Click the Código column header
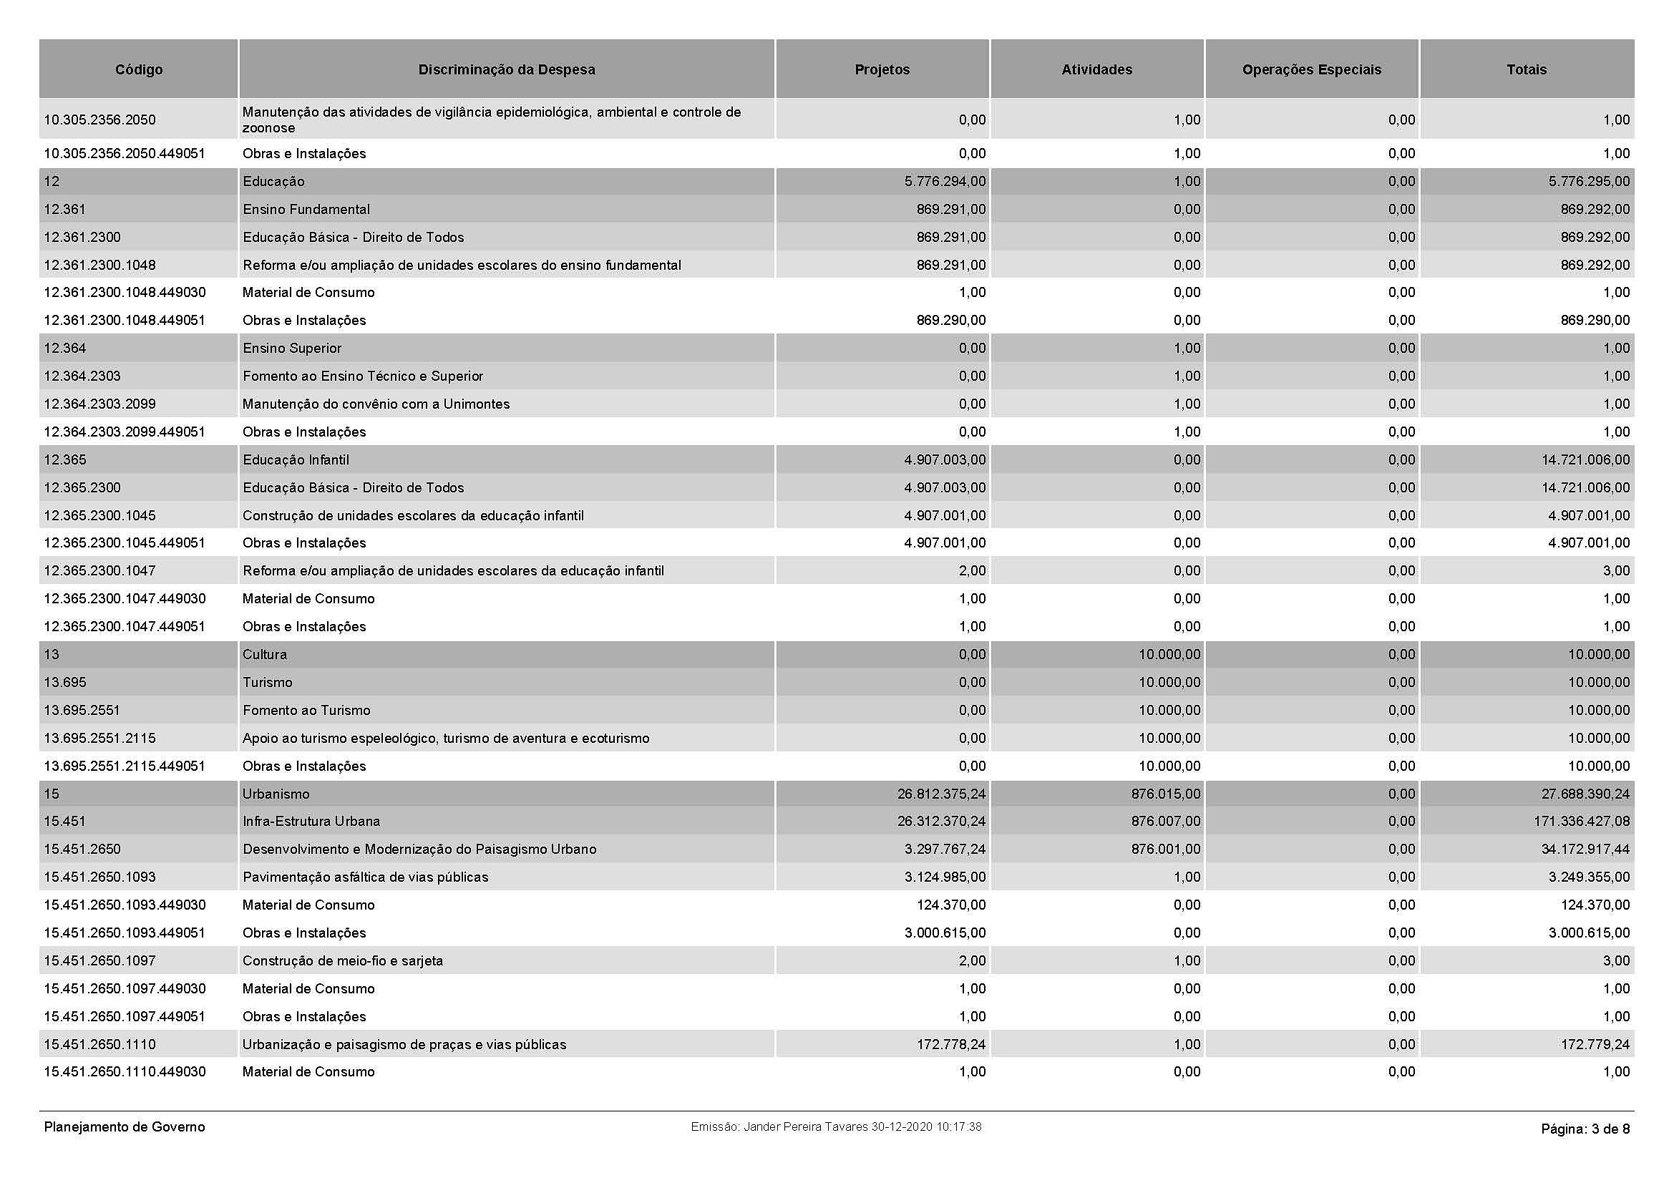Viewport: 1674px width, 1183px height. click(139, 69)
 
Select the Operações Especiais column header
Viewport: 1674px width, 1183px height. click(1311, 69)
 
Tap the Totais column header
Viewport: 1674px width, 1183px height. click(1526, 69)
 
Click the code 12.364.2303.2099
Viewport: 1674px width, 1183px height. click(100, 404)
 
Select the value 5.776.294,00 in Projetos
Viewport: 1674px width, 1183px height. click(945, 182)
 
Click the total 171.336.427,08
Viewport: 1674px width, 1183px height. click(1582, 822)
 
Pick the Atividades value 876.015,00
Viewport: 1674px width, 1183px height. click(1166, 794)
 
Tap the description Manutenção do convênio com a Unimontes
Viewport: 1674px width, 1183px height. click(376, 404)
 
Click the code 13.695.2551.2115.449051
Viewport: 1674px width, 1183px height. click(125, 766)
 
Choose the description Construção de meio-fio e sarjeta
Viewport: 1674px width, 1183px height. click(343, 960)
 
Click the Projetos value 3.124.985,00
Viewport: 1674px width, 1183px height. click(945, 877)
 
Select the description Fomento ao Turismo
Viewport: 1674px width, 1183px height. click(306, 710)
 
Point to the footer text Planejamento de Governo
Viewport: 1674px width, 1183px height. click(125, 1127)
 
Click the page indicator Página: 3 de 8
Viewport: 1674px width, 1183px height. click(1585, 1129)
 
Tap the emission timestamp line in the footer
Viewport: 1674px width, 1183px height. click(836, 1127)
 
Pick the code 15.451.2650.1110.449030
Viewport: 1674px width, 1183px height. click(125, 1071)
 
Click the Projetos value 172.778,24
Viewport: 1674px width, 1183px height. click(950, 1044)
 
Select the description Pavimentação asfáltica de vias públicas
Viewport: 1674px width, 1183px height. click(365, 877)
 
